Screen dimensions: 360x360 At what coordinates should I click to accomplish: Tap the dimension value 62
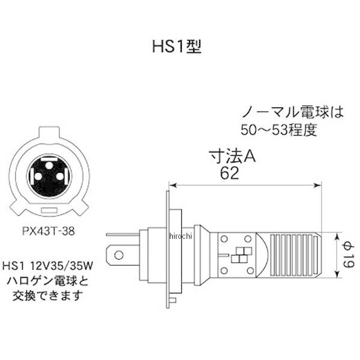tap(229, 173)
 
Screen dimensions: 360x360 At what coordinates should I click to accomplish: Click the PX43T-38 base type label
tap(49, 230)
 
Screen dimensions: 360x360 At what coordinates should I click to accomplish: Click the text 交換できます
tap(49, 295)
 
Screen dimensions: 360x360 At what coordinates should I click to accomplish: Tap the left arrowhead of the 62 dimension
tap(172, 185)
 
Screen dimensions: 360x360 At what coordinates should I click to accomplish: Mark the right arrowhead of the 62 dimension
tap(316, 185)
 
